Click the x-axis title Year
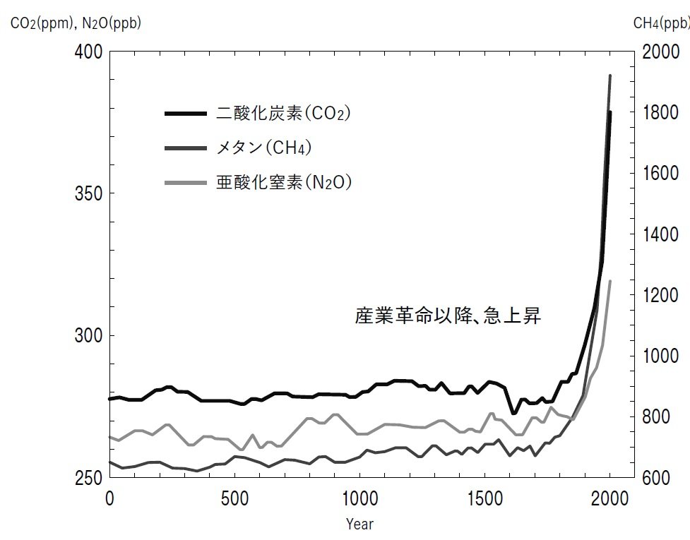359,524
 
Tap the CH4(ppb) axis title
660,24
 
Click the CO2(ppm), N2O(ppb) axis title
76,24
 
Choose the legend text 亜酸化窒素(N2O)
284,183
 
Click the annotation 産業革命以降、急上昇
448,315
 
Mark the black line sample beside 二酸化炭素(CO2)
186,113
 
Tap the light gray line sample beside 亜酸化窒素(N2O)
186,183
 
